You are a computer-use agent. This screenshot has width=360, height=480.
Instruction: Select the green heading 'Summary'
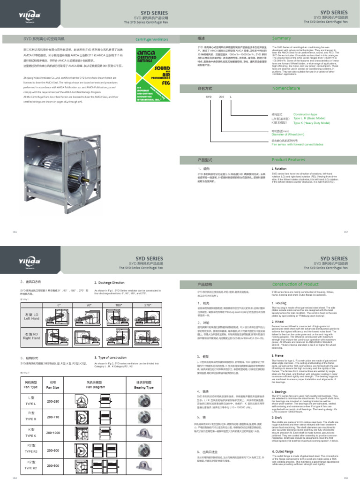click(x=281, y=38)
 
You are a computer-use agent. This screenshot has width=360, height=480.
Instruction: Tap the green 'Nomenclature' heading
click(x=286, y=88)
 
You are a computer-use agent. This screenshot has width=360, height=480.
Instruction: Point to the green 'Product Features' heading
click(x=289, y=160)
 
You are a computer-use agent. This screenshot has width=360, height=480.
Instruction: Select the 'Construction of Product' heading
click(x=295, y=285)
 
